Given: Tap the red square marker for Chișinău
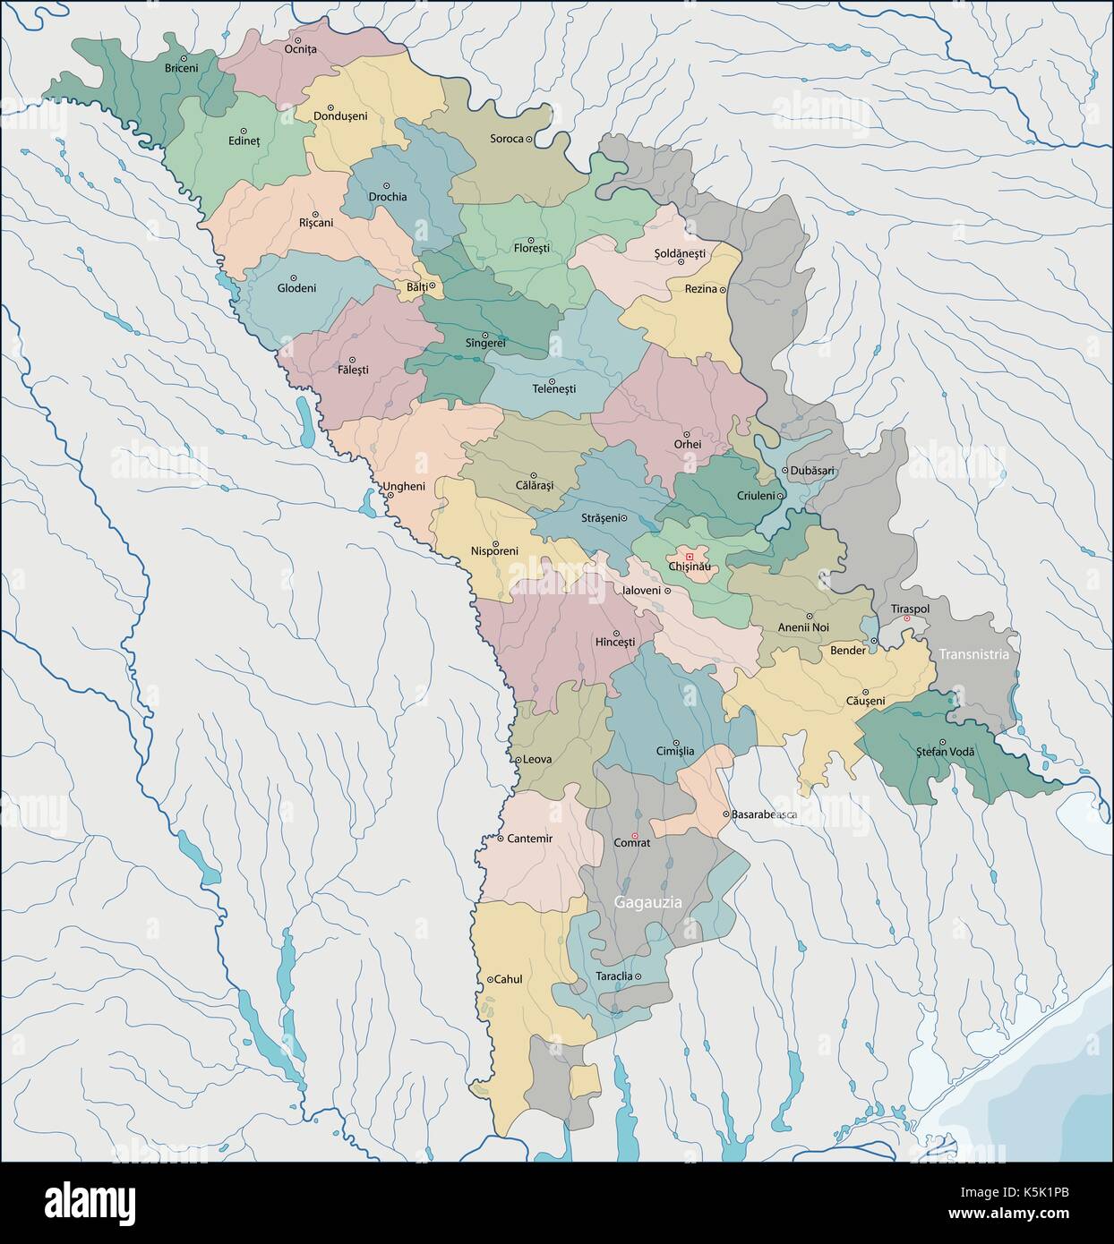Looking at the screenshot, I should (x=689, y=556).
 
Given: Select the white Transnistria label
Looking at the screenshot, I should (x=973, y=654).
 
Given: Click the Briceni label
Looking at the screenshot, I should (x=181, y=67).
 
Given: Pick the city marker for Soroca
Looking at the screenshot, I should (x=529, y=139).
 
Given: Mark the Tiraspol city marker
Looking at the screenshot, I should (x=907, y=619).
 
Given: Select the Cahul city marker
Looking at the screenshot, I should (x=490, y=980).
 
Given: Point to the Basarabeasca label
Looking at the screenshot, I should (x=764, y=815).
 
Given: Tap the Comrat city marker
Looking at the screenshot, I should (x=635, y=835).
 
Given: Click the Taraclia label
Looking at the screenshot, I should (x=613, y=976).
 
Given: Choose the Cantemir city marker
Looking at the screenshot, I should (x=500, y=839).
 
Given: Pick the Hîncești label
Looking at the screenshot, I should (x=614, y=643).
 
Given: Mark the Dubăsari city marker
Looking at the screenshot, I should (x=784, y=470).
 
